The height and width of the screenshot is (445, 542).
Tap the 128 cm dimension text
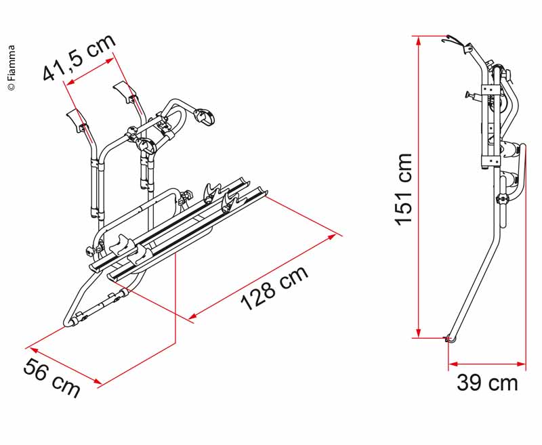tap(274, 288)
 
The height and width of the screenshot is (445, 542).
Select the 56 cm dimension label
tap(51, 378)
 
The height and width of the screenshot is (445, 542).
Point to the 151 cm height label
tap(404, 190)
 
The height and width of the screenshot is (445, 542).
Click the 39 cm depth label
tap(487, 383)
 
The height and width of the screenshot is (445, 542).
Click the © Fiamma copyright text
tap(12, 68)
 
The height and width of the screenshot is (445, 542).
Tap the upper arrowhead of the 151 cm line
tap(419, 41)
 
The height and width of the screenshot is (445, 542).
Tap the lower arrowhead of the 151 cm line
tap(419, 333)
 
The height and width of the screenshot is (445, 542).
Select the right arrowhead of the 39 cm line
tap(521, 364)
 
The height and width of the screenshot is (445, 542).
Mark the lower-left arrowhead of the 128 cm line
tap(194, 316)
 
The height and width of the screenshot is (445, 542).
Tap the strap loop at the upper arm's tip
tap(205, 116)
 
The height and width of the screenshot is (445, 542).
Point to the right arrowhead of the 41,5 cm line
tap(109, 61)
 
